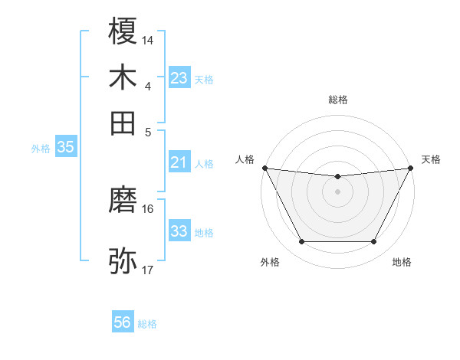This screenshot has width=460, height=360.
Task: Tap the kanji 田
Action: coord(123,122)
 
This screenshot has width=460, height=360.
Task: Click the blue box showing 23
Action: coord(179,78)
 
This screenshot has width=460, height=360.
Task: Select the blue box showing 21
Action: coord(179,162)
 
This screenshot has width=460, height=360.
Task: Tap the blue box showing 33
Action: coord(179,231)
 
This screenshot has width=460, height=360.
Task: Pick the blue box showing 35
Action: coord(65,148)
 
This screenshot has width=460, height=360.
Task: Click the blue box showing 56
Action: coord(123,322)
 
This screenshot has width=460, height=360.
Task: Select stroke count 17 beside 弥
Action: coord(148,270)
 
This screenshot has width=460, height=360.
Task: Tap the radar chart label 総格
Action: coord(338,100)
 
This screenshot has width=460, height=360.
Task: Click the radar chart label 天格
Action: coord(431,159)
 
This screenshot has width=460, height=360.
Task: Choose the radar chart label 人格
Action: coord(245,159)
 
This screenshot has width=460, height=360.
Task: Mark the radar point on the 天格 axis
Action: coord(412,168)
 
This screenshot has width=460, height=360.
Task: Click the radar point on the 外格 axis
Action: coord(301,242)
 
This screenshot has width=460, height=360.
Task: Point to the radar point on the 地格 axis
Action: coord(374,242)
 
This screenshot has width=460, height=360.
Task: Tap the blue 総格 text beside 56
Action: coord(147,324)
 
